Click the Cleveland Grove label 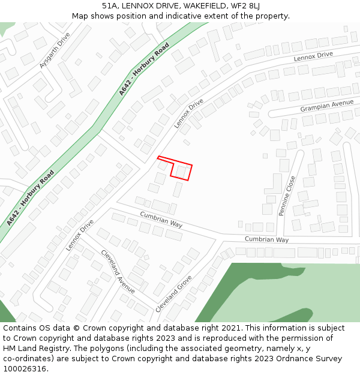pos(173,293)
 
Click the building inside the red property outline pos(181,172)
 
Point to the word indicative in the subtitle pos(180,16)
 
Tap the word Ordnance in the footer pos(291,359)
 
